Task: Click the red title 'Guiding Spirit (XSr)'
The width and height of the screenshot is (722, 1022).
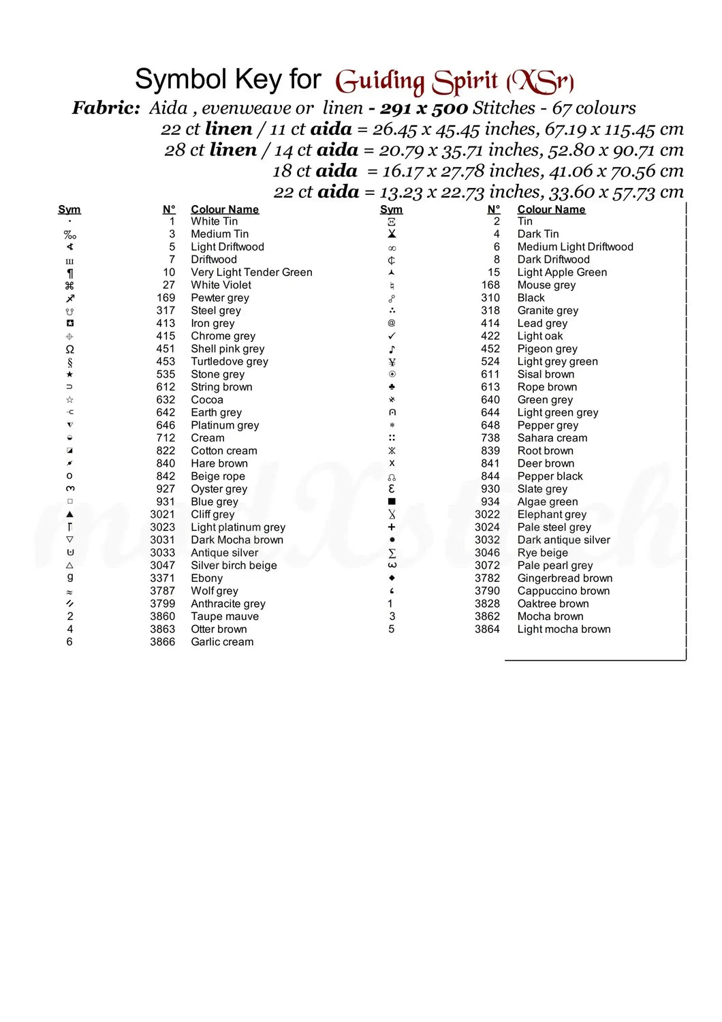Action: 454,82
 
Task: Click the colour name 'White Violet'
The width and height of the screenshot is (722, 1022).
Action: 221,285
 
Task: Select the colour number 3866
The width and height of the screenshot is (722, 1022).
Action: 162,642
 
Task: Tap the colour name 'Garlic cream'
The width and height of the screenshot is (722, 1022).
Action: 222,642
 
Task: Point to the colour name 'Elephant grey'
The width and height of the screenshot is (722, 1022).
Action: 552,514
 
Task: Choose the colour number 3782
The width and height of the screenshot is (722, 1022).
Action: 487,578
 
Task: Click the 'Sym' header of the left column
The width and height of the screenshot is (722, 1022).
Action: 69,209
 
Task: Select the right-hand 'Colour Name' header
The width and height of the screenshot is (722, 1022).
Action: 551,209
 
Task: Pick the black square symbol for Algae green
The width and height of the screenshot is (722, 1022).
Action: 392,501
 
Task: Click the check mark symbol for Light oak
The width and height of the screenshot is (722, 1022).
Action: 392,336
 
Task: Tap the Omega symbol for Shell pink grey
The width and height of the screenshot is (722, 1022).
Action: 69,349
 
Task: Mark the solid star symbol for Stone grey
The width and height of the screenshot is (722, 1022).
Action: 69,374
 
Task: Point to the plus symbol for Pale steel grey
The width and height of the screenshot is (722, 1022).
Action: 392,527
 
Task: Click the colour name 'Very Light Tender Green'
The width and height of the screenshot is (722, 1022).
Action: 251,272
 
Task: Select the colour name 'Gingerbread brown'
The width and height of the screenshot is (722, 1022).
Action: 565,578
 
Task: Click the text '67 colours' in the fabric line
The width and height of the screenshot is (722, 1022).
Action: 594,108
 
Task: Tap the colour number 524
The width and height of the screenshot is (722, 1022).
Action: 490,361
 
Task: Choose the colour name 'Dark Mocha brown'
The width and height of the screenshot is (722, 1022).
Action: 237,540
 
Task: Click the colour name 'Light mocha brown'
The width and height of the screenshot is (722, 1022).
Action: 564,629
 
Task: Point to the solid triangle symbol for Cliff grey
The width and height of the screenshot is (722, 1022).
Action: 69,514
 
